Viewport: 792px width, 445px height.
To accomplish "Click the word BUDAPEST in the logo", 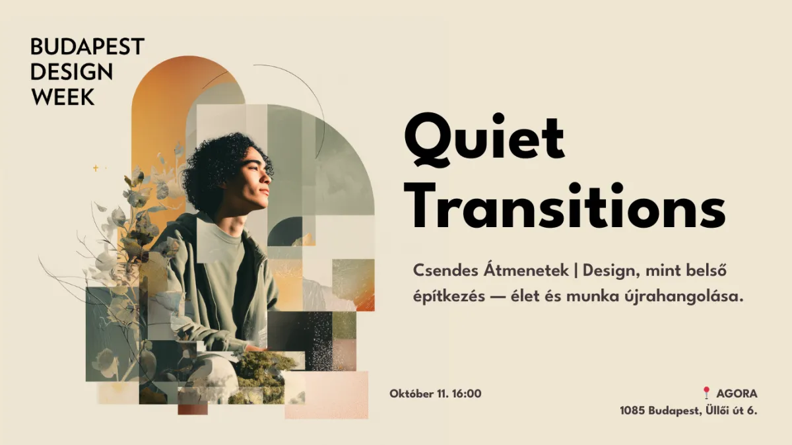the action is [x=87, y=46].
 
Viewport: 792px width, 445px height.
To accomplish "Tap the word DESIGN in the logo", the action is [x=72, y=72].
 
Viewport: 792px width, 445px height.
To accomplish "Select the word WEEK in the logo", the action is [x=63, y=96].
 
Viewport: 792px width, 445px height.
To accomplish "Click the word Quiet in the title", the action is [x=484, y=139].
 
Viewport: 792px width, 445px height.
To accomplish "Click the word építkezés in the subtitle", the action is [x=449, y=296].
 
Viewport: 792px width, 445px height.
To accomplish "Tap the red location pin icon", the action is [x=706, y=392].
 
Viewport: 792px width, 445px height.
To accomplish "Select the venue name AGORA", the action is [x=737, y=394].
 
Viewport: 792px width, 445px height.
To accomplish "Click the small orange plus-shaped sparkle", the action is [x=96, y=168].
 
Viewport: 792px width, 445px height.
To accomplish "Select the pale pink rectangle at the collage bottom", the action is [x=326, y=395].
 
